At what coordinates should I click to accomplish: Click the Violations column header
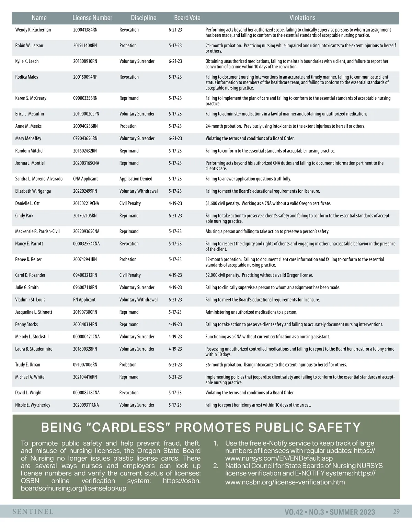pyautogui.click(x=302, y=18)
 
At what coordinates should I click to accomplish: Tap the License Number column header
pyautogui.click(x=92, y=18)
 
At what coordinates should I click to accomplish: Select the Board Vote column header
pyautogui.click(x=187, y=18)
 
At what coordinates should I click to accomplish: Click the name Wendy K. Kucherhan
pyautogui.click(x=33, y=30)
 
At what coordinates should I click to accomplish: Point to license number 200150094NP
pyautogui.click(x=85, y=77)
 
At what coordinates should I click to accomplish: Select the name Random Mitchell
pyautogui.click(x=30, y=151)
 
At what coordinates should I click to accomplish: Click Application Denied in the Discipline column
pyautogui.click(x=136, y=179)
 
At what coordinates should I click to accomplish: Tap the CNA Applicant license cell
pyautogui.click(x=85, y=179)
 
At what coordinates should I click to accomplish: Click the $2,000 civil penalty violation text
pyautogui.click(x=259, y=275)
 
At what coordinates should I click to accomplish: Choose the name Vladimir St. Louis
pyautogui.click(x=30, y=300)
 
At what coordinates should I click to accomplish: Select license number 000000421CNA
pyautogui.click(x=86, y=337)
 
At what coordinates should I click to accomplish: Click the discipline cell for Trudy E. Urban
pyautogui.click(x=128, y=365)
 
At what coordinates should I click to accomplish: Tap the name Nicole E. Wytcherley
pyautogui.click(x=33, y=405)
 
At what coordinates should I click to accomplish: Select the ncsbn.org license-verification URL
pyautogui.click(x=285, y=482)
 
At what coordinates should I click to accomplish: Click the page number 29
pyautogui.click(x=396, y=512)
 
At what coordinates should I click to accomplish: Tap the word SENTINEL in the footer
pyautogui.click(x=33, y=512)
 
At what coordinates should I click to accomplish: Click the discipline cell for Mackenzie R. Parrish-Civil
pyautogui.click(x=129, y=232)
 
